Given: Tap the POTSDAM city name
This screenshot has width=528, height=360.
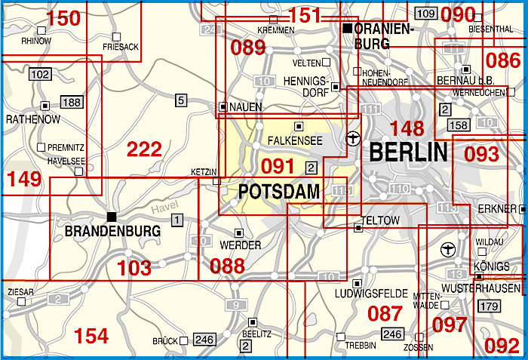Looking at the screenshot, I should pos(279,192).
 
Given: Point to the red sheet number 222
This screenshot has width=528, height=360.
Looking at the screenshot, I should pos(144,149).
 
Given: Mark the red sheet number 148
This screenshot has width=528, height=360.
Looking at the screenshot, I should pos(406,128).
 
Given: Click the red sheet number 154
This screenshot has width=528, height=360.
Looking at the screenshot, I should pos(91,335).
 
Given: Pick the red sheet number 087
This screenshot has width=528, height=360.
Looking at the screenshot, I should pos(385,313).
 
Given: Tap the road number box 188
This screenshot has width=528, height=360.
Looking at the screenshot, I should pos(71,103).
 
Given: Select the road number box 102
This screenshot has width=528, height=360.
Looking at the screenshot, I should pos(41,74).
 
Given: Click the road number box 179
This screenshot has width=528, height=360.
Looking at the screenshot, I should pos(490,306).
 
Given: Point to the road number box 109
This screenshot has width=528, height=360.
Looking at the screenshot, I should pos(425,14).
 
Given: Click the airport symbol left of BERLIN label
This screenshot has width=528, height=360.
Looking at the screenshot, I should pos(351,139).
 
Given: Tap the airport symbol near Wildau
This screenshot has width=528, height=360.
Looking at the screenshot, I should pos(447,248).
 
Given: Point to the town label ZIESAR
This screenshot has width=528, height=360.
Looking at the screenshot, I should pos(19,291).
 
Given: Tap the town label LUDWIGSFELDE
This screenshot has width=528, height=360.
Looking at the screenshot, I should pos(373,293).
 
